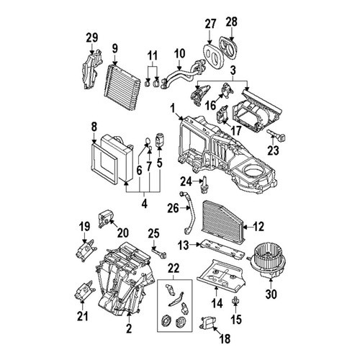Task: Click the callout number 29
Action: (92, 38)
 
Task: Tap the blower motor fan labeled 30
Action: (267, 261)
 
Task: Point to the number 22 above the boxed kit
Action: (174, 269)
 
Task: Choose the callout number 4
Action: (144, 204)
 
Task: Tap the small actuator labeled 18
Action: (208, 322)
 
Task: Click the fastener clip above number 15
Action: (235, 300)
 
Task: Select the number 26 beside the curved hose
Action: (174, 208)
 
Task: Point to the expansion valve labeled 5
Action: (160, 139)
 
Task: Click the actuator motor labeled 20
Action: (106, 217)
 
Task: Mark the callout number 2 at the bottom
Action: (129, 328)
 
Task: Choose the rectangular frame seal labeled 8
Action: (104, 163)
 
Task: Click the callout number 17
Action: (235, 131)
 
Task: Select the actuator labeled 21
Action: (84, 290)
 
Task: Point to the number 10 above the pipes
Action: (180, 54)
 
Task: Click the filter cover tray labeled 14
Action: (221, 276)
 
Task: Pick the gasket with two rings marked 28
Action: (228, 48)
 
